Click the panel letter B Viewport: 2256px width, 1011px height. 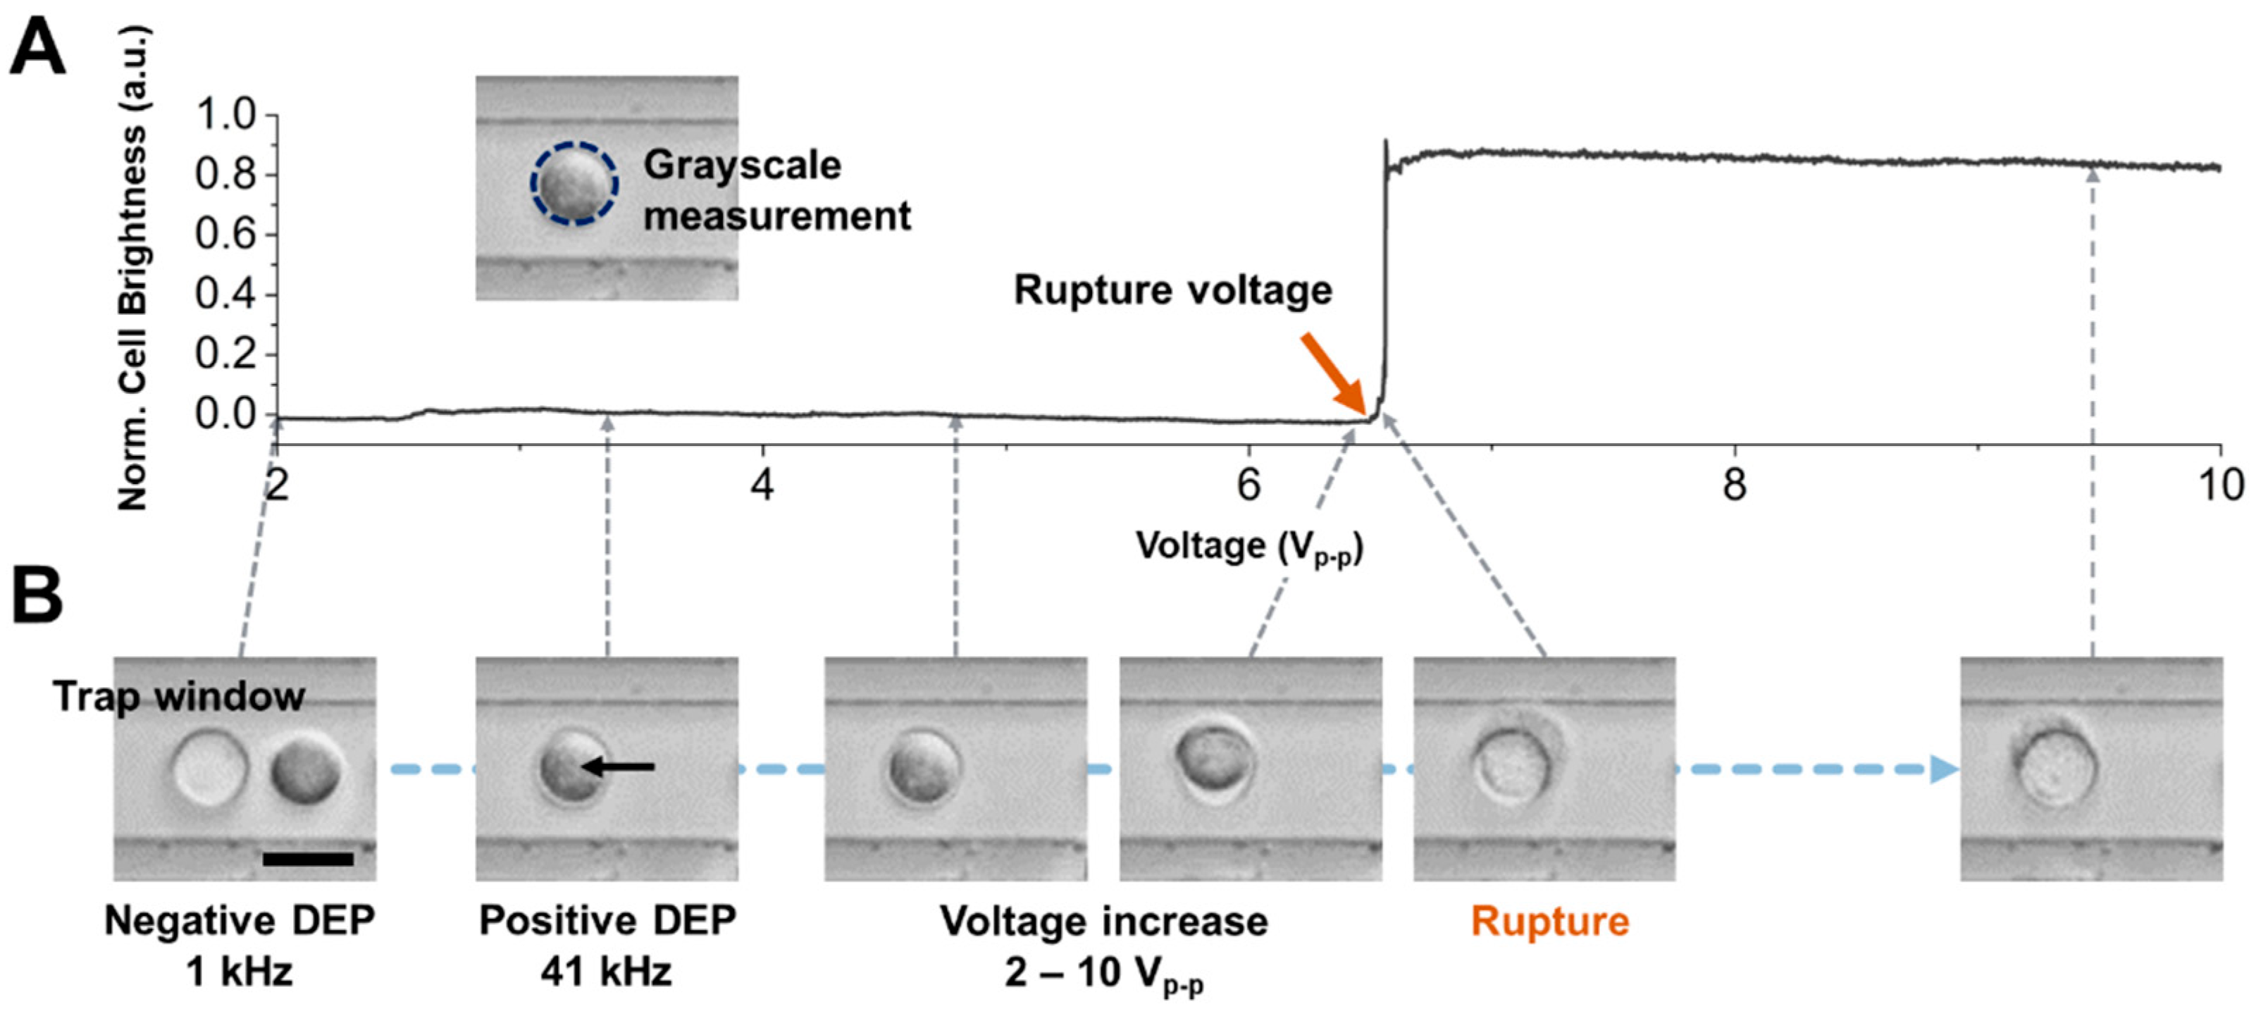pos(37,596)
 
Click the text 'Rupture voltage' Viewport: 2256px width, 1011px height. pos(1172,290)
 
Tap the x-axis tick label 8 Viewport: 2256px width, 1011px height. pos(1734,485)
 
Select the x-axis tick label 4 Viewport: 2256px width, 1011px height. pos(762,485)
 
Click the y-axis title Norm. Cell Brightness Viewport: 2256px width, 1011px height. pos(133,267)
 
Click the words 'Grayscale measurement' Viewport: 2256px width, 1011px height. pos(776,190)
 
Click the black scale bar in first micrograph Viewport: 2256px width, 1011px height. pos(309,860)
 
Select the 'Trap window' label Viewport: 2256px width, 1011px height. pos(179,697)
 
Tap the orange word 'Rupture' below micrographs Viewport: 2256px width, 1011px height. pos(1549,922)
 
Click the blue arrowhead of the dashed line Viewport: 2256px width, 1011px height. pos(1944,769)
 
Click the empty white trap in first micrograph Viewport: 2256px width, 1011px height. pos(210,769)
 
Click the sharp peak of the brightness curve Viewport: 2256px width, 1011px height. pos(1385,142)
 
